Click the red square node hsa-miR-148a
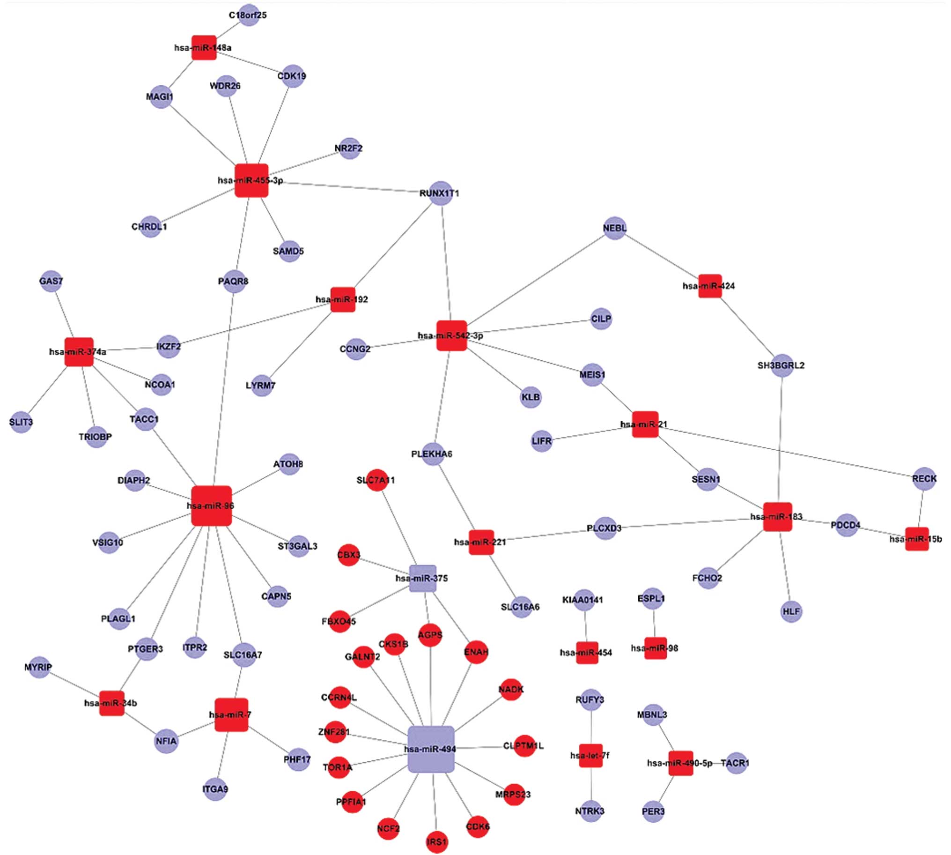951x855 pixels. pyautogui.click(x=204, y=47)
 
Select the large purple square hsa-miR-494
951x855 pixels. pyautogui.click(x=431, y=749)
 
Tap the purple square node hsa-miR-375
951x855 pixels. pyautogui.click(x=423, y=578)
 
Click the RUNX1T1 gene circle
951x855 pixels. pyautogui.click(x=441, y=193)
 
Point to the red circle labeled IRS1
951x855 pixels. pyautogui.click(x=437, y=841)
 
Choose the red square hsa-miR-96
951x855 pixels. pyautogui.click(x=211, y=506)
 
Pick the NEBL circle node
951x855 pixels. pyautogui.click(x=615, y=228)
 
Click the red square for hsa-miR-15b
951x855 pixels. pyautogui.click(x=917, y=539)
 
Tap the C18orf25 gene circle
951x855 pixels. pyautogui.click(x=249, y=15)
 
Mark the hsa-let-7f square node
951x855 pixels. pyautogui.click(x=590, y=755)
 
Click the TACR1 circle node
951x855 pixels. pyautogui.click(x=736, y=763)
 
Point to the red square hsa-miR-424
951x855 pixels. pyautogui.click(x=709, y=286)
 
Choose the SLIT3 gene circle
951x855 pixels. pyautogui.click(x=21, y=422)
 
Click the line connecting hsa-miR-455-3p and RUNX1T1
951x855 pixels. pyautogui.click(x=352, y=186)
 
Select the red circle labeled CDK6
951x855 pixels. pyautogui.click(x=478, y=826)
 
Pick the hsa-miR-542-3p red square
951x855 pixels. pyautogui.click(x=451, y=335)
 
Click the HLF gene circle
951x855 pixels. pyautogui.click(x=791, y=611)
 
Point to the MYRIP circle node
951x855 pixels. pyautogui.click(x=39, y=667)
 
